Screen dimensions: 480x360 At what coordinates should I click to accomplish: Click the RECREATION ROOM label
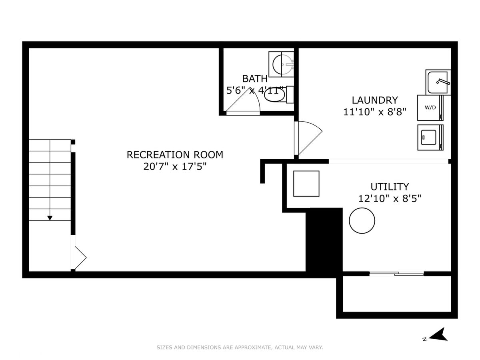pyautogui.click(x=175, y=155)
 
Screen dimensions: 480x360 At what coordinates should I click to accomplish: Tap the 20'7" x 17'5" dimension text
pyautogui.click(x=175, y=167)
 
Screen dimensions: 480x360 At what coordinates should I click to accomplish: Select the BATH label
pyautogui.click(x=255, y=79)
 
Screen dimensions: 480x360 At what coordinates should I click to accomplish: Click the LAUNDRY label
pyautogui.click(x=374, y=100)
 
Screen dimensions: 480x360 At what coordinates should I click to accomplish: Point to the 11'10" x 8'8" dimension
pyautogui.click(x=374, y=112)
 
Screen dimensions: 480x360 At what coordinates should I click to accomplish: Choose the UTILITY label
pyautogui.click(x=390, y=187)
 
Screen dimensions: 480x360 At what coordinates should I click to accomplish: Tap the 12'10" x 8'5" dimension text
pyautogui.click(x=390, y=199)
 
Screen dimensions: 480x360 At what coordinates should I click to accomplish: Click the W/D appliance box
pyautogui.click(x=430, y=108)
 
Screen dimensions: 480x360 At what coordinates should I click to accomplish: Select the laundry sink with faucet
pyautogui.click(x=438, y=82)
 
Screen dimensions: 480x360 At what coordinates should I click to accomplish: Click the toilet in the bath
pyautogui.click(x=278, y=94)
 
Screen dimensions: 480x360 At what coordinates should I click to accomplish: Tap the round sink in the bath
pyautogui.click(x=281, y=64)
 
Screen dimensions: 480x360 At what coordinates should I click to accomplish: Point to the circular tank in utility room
pyautogui.click(x=362, y=220)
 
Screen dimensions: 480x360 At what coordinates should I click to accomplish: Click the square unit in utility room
pyautogui.click(x=306, y=184)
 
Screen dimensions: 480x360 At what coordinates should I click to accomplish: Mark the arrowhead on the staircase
pyautogui.click(x=50, y=218)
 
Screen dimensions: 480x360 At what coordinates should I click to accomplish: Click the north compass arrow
pyautogui.click(x=438, y=334)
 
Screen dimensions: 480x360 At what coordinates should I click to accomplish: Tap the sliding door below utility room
pyautogui.click(x=396, y=273)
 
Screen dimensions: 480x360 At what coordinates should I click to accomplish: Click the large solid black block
pyautogui.click(x=324, y=243)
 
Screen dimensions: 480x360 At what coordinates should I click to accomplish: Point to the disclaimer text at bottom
pyautogui.click(x=240, y=347)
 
